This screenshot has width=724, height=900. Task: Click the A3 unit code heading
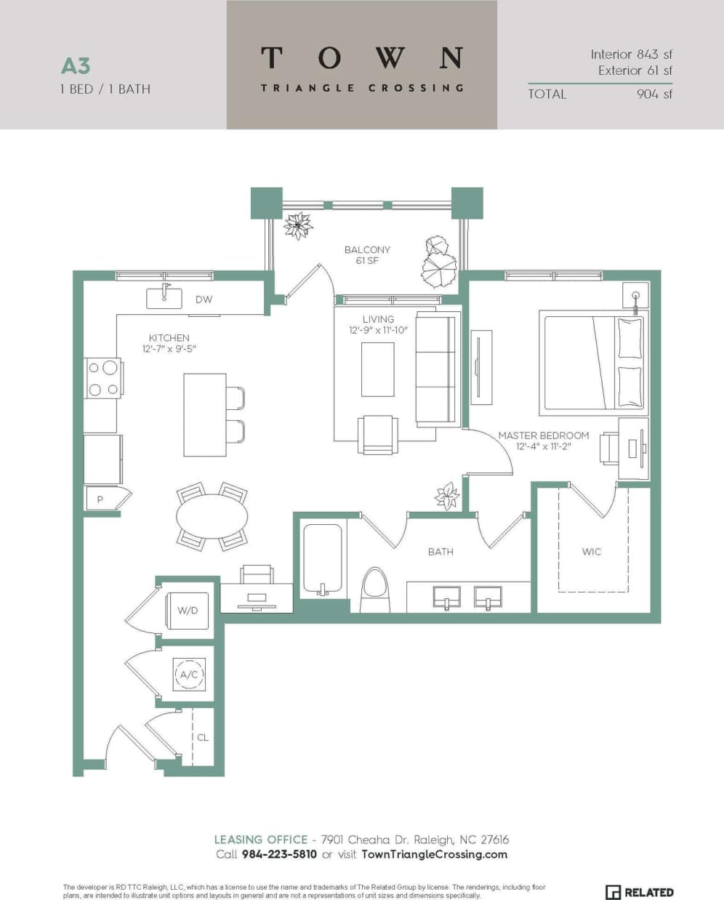coord(76,66)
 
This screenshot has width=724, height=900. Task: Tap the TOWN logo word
coord(361,57)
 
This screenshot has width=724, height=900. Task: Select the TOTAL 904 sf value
coord(653,94)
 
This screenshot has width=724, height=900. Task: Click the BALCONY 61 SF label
coord(367,254)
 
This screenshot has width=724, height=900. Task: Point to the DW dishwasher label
coord(204,300)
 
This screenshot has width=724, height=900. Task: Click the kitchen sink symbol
coord(164,297)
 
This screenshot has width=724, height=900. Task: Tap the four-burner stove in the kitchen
coord(102,378)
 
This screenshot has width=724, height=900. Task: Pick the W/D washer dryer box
coord(188,610)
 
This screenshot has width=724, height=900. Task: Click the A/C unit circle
coord(189,675)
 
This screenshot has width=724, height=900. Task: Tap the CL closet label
coord(203,737)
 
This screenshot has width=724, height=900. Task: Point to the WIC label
coord(592,552)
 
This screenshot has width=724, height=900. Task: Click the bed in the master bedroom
coord(592,361)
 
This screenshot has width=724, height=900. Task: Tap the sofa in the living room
coord(438,368)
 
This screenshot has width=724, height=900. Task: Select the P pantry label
coord(100,499)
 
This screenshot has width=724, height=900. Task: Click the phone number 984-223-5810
coord(279,854)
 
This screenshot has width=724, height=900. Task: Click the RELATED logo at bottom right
coord(640,892)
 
